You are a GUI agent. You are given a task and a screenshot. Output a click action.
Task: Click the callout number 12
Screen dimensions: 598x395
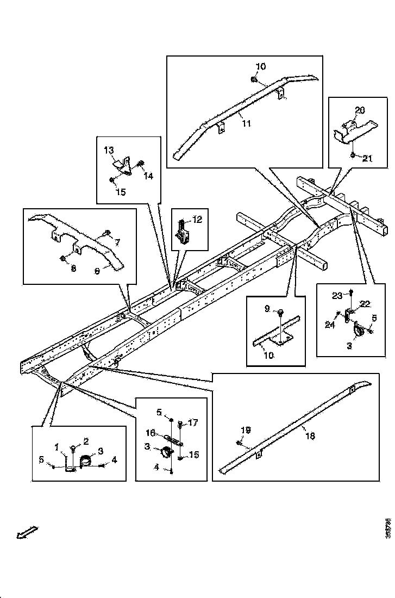pyautogui.click(x=197, y=220)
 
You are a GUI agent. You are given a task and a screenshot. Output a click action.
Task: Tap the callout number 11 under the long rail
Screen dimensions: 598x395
pyautogui.click(x=246, y=124)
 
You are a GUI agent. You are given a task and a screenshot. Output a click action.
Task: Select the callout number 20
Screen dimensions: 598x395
pyautogui.click(x=359, y=110)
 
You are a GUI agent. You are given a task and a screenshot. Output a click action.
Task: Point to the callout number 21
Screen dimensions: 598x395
pyautogui.click(x=367, y=159)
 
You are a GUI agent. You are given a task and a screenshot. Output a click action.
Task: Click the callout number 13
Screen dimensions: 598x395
pyautogui.click(x=109, y=149)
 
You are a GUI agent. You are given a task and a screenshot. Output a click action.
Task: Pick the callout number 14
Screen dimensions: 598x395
pyautogui.click(x=148, y=176)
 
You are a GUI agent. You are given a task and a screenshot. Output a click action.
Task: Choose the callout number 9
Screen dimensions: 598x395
pyautogui.click(x=267, y=309)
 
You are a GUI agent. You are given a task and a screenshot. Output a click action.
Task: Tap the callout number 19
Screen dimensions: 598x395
pyautogui.click(x=246, y=429)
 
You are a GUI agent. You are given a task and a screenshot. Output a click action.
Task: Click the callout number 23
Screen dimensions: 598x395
pyautogui.click(x=338, y=295)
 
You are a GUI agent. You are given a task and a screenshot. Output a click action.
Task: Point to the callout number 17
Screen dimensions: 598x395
pyautogui.click(x=192, y=422)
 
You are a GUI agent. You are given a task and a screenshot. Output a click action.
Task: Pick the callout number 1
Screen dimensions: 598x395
pyautogui.click(x=57, y=447)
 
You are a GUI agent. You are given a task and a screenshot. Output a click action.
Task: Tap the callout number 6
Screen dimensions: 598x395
pyautogui.click(x=97, y=270)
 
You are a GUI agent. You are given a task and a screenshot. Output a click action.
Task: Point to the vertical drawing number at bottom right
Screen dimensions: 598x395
pyautogui.click(x=388, y=528)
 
